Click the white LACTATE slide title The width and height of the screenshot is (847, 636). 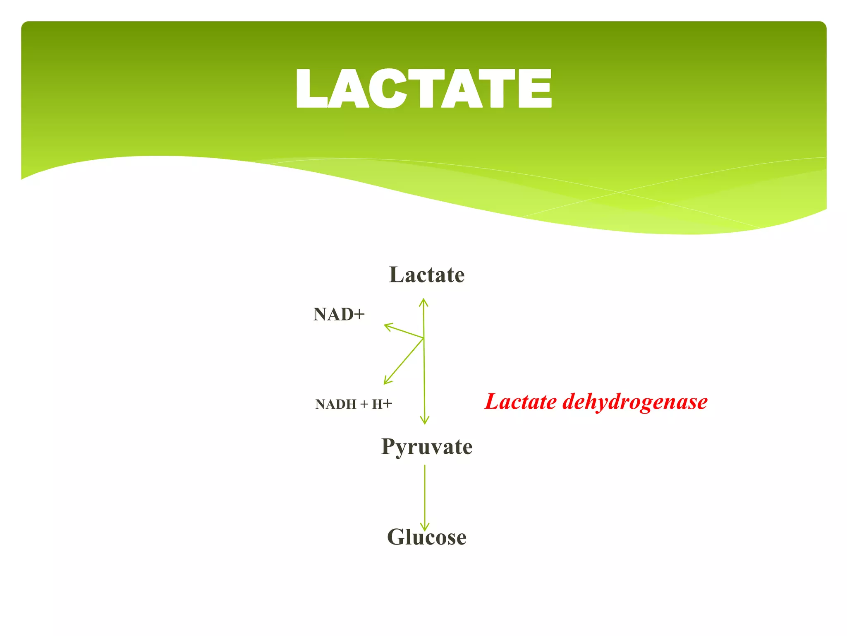tap(423, 89)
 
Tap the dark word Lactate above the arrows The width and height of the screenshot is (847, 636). tap(427, 275)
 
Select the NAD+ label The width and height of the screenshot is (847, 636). tap(339, 314)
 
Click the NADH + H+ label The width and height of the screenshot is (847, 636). tap(354, 404)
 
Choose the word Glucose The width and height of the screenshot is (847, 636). tap(426, 537)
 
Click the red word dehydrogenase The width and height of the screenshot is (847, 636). tap(635, 402)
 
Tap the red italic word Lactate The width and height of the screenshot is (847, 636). tap(521, 402)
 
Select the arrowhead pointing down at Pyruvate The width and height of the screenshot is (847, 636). tap(425, 421)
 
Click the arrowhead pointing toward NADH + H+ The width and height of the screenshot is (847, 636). tap(387, 381)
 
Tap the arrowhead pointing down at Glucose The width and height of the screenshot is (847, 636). tap(425, 527)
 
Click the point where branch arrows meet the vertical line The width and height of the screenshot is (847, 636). tap(423, 338)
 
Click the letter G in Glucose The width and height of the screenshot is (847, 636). tap(397, 537)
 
